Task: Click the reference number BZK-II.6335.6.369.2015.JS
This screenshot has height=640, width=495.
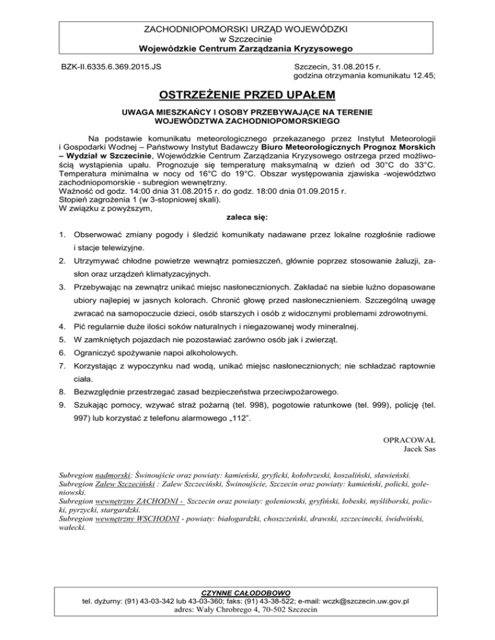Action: (112, 66)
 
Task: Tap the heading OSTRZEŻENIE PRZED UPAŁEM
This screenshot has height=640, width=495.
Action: (247, 96)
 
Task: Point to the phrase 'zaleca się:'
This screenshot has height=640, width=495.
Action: (247, 218)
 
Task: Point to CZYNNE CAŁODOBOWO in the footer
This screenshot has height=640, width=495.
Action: (247, 592)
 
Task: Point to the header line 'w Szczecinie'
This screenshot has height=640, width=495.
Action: (247, 38)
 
